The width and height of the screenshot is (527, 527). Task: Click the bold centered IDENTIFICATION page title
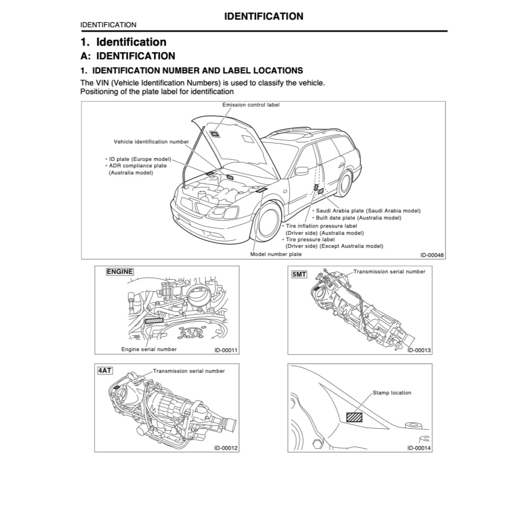(x=263, y=16)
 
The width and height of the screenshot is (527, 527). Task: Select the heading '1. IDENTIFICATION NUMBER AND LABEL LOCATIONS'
(x=191, y=71)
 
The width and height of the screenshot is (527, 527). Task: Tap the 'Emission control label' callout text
(x=251, y=104)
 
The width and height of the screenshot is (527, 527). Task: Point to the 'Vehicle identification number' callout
(x=151, y=142)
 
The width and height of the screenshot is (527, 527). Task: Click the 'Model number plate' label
(x=275, y=254)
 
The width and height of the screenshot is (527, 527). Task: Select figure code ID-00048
(x=431, y=254)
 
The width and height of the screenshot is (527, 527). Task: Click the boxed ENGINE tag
(x=120, y=272)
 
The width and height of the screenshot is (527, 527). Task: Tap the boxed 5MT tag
(x=299, y=275)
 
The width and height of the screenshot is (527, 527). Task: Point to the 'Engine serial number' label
(x=148, y=349)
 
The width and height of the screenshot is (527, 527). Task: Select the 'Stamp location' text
(x=392, y=393)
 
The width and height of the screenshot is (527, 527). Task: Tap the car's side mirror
(x=302, y=171)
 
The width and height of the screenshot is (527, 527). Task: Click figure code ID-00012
(x=226, y=448)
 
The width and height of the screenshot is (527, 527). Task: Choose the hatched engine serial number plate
(x=154, y=321)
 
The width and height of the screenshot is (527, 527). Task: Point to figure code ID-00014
(x=419, y=448)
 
